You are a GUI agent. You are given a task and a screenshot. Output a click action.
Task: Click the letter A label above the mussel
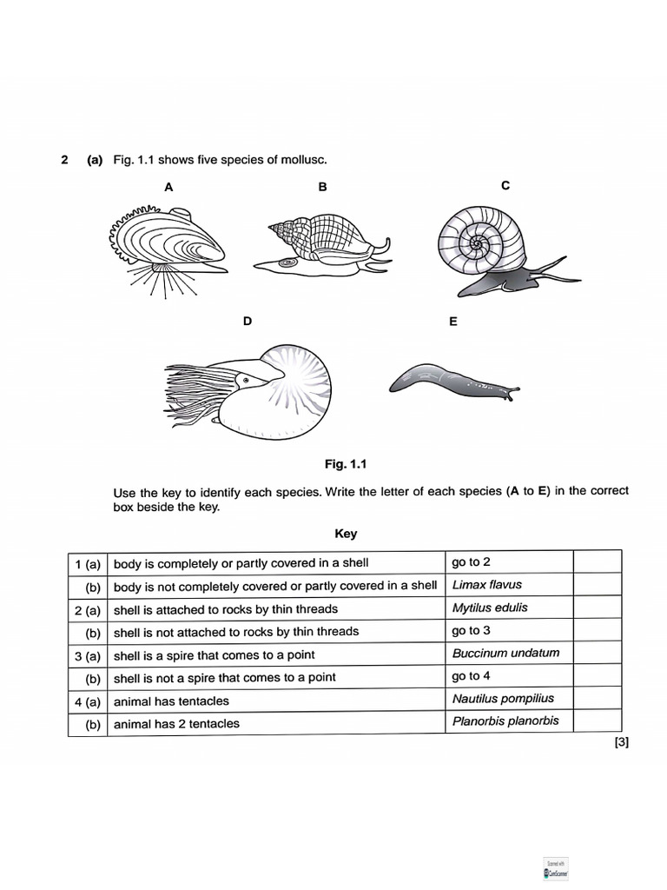[168, 187]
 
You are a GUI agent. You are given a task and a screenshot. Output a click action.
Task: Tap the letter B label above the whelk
[322, 187]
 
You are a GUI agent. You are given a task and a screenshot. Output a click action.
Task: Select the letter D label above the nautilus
[248, 322]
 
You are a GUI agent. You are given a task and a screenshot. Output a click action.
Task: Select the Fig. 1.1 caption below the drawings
[346, 464]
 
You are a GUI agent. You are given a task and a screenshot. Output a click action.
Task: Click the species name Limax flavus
[486, 585]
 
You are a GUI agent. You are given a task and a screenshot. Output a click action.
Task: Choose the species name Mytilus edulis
[489, 608]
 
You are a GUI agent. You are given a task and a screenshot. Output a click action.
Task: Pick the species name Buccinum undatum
[505, 653]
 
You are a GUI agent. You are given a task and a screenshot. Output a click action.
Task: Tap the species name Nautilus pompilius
[502, 698]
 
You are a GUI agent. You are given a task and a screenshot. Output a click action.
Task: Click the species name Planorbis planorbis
[505, 721]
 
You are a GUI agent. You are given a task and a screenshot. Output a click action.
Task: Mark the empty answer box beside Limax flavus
[598, 585]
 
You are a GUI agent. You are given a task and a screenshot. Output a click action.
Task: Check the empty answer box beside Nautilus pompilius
[598, 698]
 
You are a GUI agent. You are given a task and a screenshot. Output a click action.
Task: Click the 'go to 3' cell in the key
[471, 630]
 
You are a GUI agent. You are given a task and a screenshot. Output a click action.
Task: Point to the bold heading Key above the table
[346, 534]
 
